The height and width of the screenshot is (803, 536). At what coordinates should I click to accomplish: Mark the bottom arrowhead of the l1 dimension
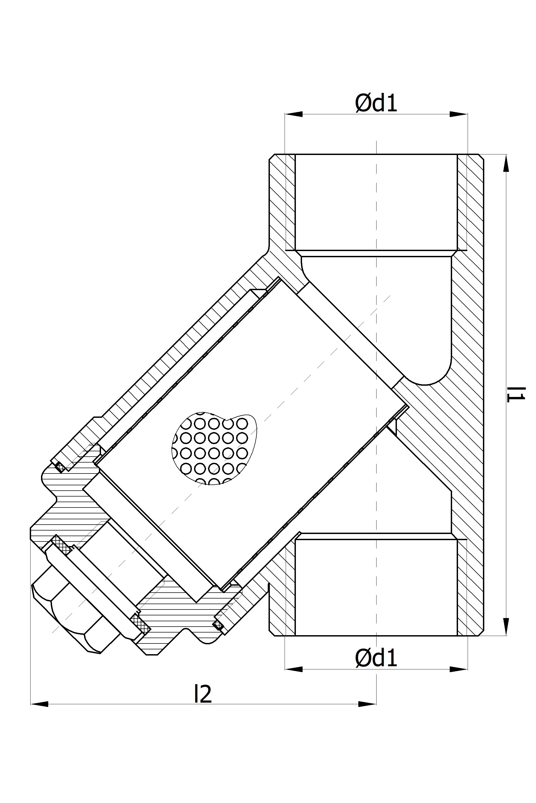pos(506,627)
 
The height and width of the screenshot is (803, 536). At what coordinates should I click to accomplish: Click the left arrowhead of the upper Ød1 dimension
pos(294,114)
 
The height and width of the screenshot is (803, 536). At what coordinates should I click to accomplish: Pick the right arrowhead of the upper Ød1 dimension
pos(459,114)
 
